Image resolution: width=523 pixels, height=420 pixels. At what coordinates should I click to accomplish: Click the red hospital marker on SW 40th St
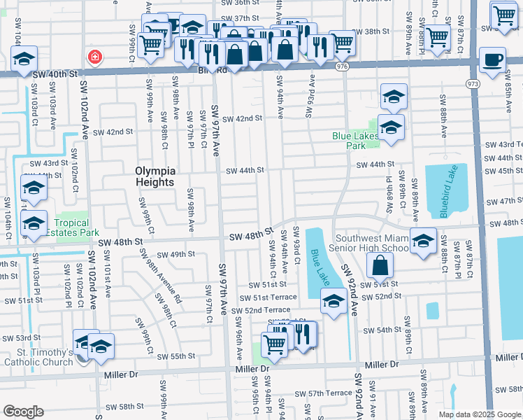(x=92, y=56)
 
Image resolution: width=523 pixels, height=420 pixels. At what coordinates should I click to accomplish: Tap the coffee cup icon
(x=492, y=59)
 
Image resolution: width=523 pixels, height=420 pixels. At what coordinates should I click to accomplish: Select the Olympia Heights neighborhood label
(x=155, y=176)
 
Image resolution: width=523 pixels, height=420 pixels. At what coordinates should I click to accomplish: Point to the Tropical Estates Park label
(x=72, y=227)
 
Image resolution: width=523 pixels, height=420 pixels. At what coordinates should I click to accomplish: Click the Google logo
(x=23, y=412)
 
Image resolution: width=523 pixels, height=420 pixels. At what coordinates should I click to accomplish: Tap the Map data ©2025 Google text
(x=480, y=414)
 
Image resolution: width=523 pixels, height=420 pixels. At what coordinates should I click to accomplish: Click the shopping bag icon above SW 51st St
(x=379, y=265)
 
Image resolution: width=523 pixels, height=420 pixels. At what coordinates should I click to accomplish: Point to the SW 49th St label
(x=176, y=254)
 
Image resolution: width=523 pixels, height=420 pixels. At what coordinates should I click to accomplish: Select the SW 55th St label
(x=176, y=356)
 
